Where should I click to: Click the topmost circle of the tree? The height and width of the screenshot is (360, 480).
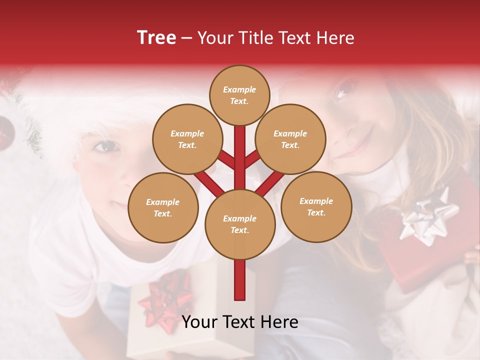pyautogui.click(x=239, y=95)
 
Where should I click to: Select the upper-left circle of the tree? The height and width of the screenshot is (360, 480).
pyautogui.click(x=187, y=139)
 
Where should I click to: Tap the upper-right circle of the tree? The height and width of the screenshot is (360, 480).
pyautogui.click(x=290, y=139)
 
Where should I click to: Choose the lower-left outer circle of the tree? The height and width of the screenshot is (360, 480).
pyautogui.click(x=163, y=207)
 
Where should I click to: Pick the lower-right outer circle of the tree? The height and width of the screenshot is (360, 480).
pyautogui.click(x=316, y=206)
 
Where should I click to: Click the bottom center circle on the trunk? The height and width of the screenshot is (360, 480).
pyautogui.click(x=240, y=224)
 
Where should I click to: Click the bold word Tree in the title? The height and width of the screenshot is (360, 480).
pyautogui.click(x=156, y=37)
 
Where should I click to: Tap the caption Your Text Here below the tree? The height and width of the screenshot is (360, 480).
pyautogui.click(x=240, y=322)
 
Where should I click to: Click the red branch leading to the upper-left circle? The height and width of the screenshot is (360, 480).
pyautogui.click(x=226, y=160)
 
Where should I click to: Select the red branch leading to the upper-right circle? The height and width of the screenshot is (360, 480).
pyautogui.click(x=253, y=159)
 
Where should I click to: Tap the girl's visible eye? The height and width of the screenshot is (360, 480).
pyautogui.click(x=344, y=90)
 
